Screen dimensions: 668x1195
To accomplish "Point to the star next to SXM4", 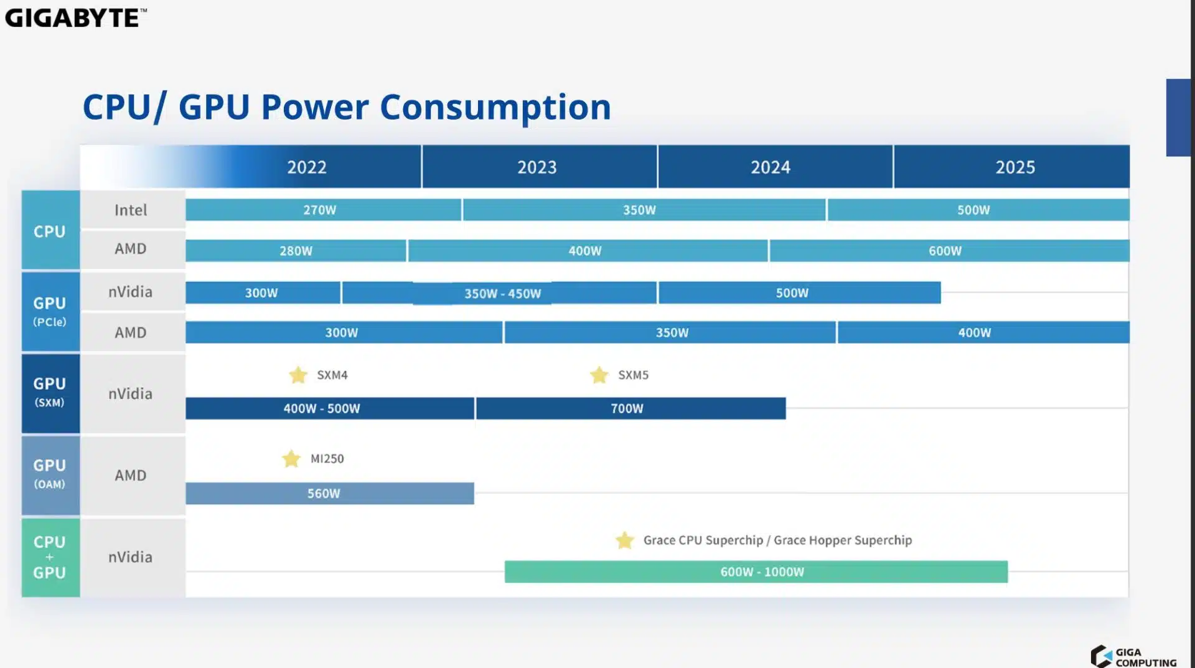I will pyautogui.click(x=298, y=375).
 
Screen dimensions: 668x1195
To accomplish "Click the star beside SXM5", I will pyautogui.click(x=599, y=375).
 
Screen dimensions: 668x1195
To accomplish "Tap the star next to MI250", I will pyautogui.click(x=291, y=459).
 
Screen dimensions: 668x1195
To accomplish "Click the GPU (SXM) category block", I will pyautogui.click(x=50, y=393).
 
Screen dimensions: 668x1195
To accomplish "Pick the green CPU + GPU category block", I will pyautogui.click(x=50, y=557).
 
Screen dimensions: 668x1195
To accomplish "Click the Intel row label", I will pyautogui.click(x=131, y=210).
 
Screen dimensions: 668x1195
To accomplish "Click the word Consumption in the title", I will pyautogui.click(x=495, y=107).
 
